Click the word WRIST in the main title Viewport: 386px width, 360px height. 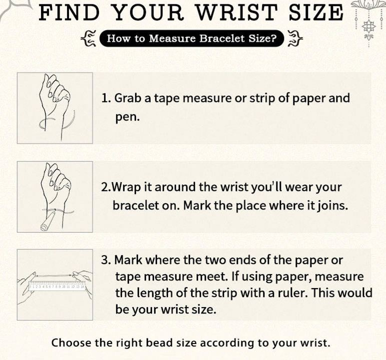pos(237,12)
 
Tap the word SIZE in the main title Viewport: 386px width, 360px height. pos(316,12)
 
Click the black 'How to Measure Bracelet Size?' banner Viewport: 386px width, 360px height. pos(192,38)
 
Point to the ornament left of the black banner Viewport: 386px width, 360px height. pos(89,38)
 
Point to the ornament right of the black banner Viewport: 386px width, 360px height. pos(295,38)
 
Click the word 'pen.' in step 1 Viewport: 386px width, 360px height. pos(128,117)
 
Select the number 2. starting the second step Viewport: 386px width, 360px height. pos(106,187)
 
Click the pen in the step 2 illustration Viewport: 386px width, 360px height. pos(49,221)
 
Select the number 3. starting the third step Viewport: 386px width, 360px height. pos(106,260)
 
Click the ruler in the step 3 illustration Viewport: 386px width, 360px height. pos(57,285)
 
